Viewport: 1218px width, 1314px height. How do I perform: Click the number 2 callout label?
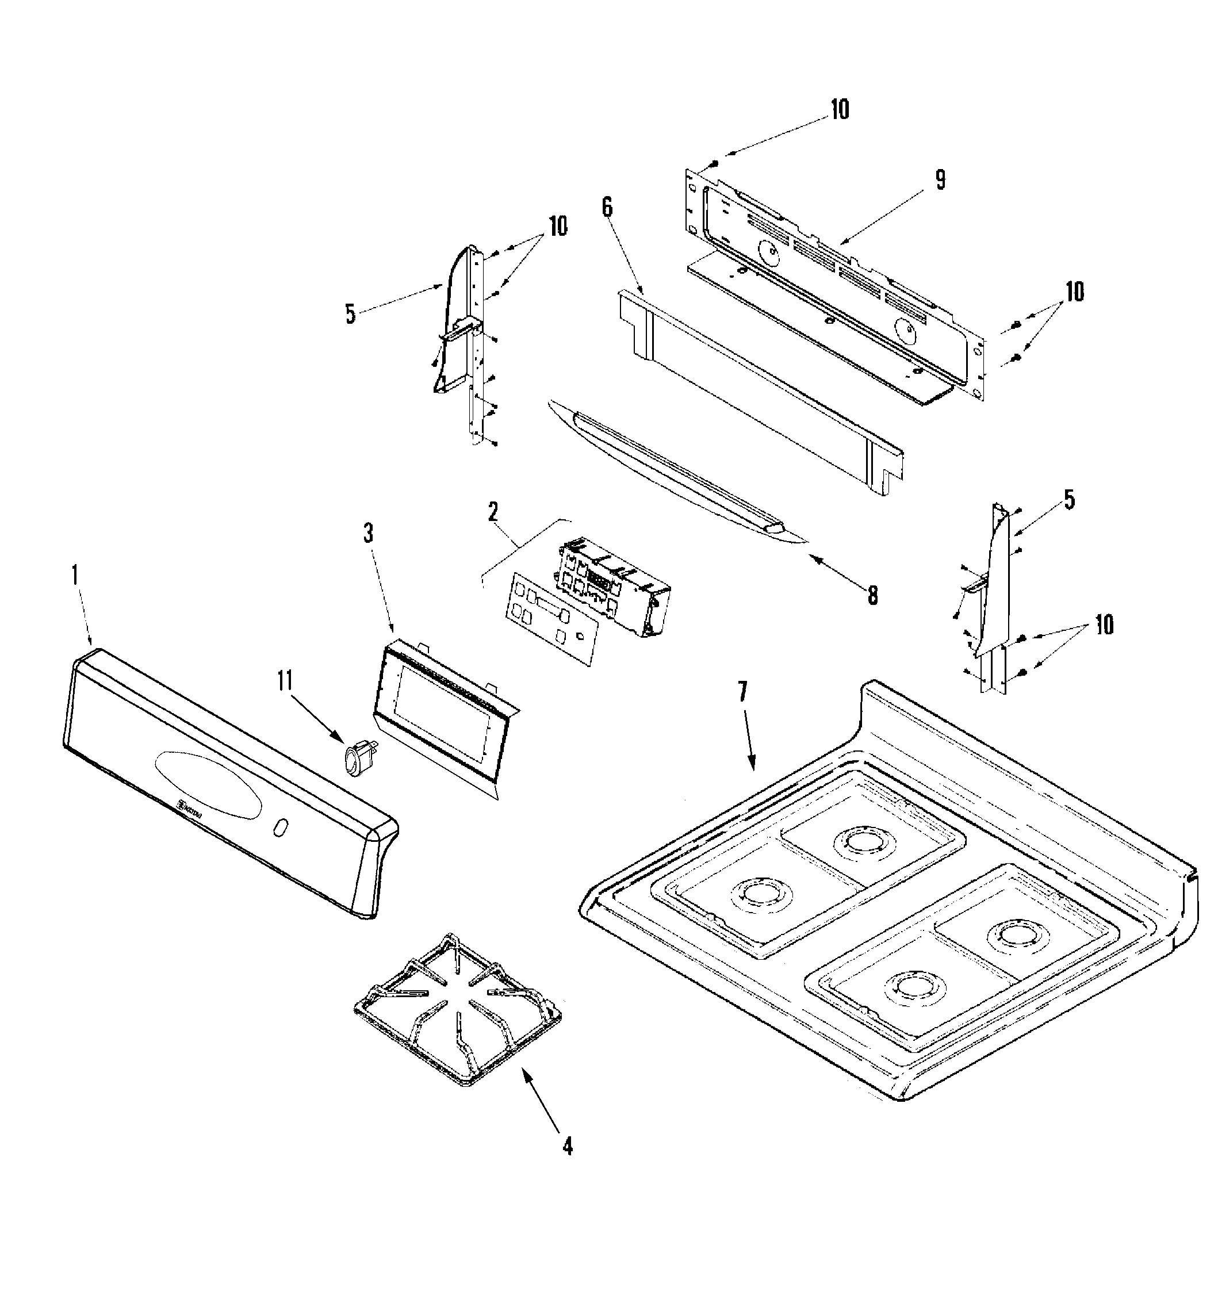[x=493, y=512]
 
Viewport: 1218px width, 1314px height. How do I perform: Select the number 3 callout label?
[x=369, y=533]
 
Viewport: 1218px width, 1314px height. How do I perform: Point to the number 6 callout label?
[x=606, y=207]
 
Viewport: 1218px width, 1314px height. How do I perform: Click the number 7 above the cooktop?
[x=743, y=691]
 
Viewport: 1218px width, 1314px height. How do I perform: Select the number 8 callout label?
[x=872, y=596]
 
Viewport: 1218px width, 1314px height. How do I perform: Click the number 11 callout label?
[x=285, y=681]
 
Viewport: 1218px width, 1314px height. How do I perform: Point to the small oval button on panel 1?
[x=279, y=828]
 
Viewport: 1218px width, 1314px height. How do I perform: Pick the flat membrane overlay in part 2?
[x=551, y=616]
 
